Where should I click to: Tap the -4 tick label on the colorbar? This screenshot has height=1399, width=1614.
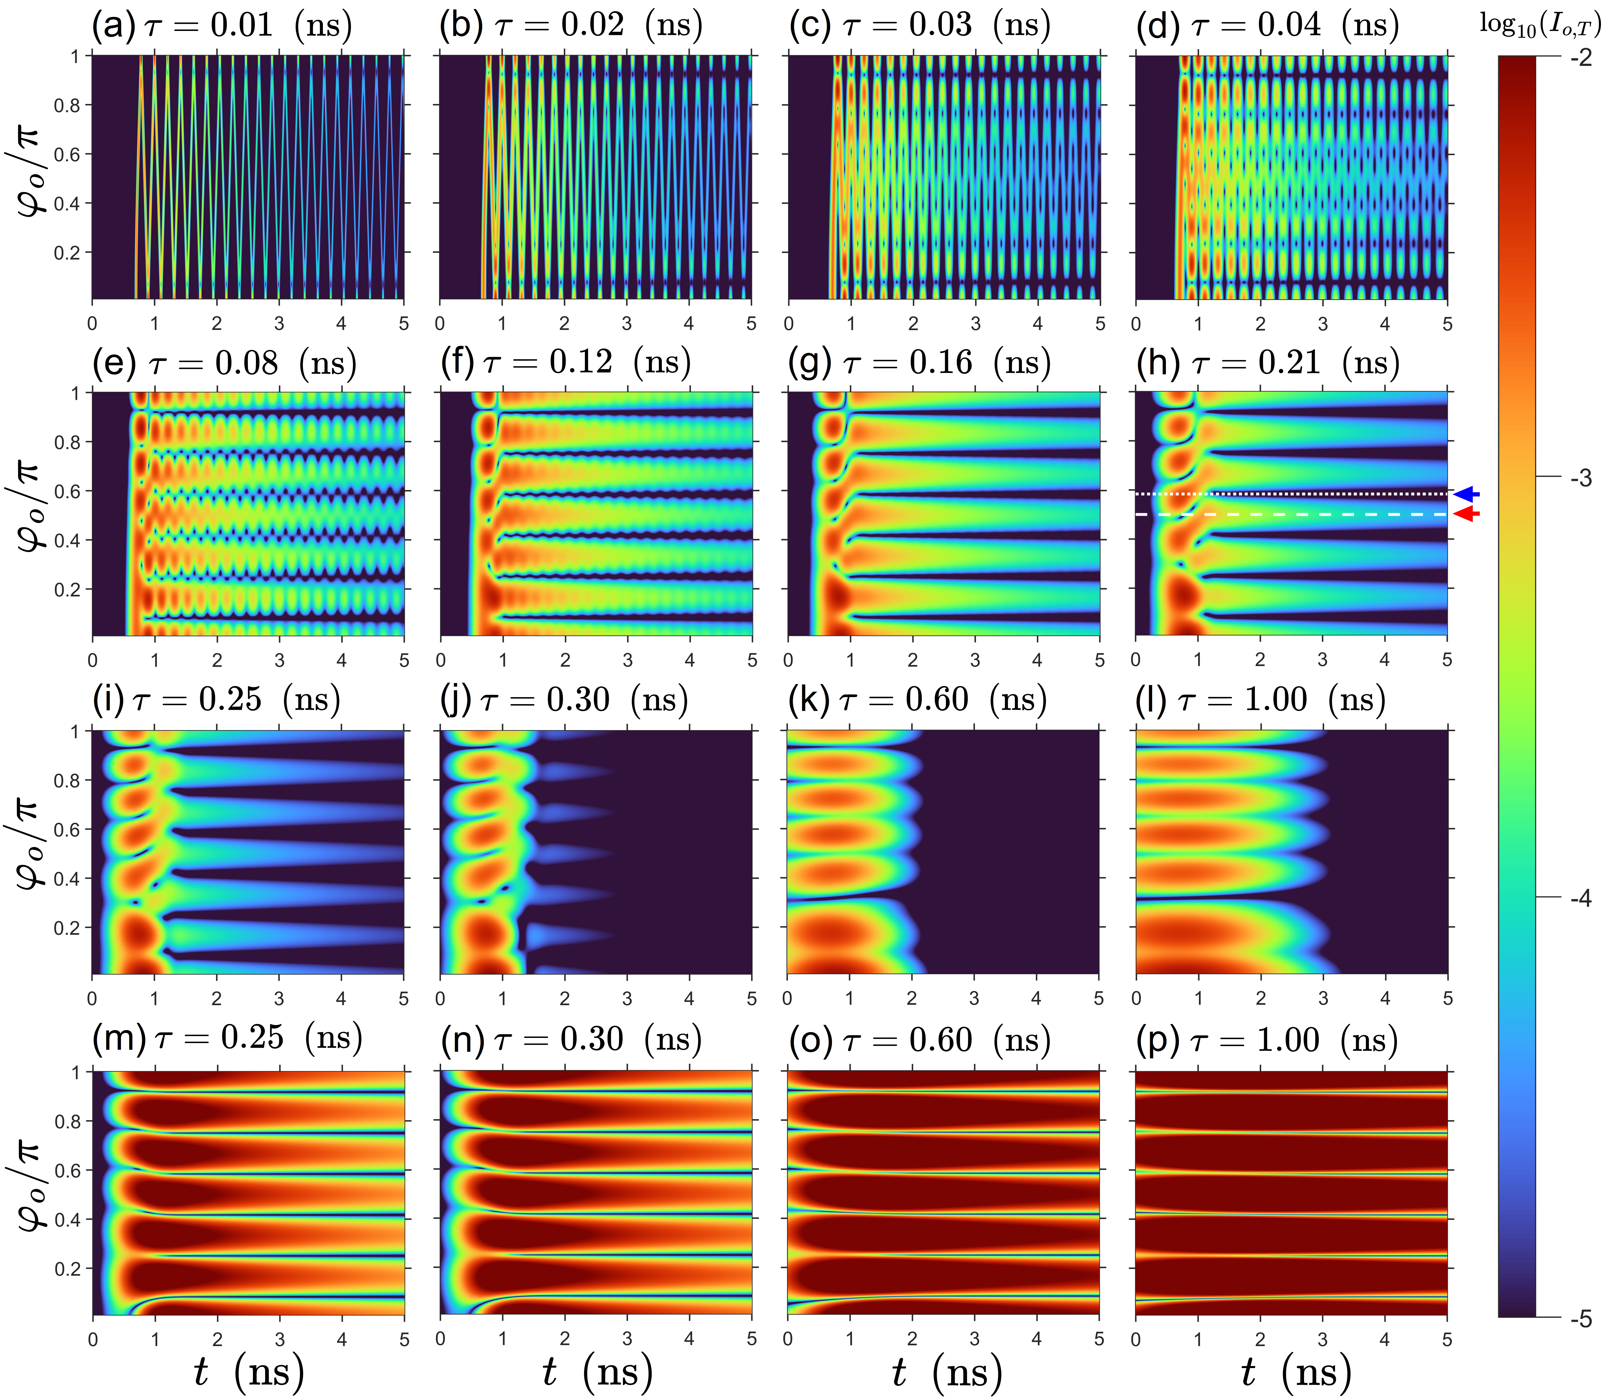(1581, 899)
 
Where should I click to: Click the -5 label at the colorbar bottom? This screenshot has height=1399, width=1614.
(1581, 1319)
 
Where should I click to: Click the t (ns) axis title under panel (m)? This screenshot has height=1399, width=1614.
(248, 1372)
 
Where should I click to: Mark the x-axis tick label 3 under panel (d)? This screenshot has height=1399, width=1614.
(1323, 324)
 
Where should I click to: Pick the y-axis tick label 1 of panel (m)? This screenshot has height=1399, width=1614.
(76, 1073)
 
